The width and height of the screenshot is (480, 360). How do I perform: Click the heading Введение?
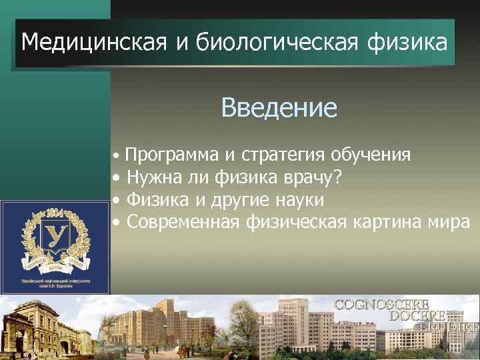[x=279, y=107]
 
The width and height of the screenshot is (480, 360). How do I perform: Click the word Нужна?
[x=150, y=177]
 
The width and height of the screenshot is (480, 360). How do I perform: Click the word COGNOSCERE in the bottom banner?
[x=381, y=305]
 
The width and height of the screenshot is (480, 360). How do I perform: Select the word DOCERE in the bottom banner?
[x=418, y=315]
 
